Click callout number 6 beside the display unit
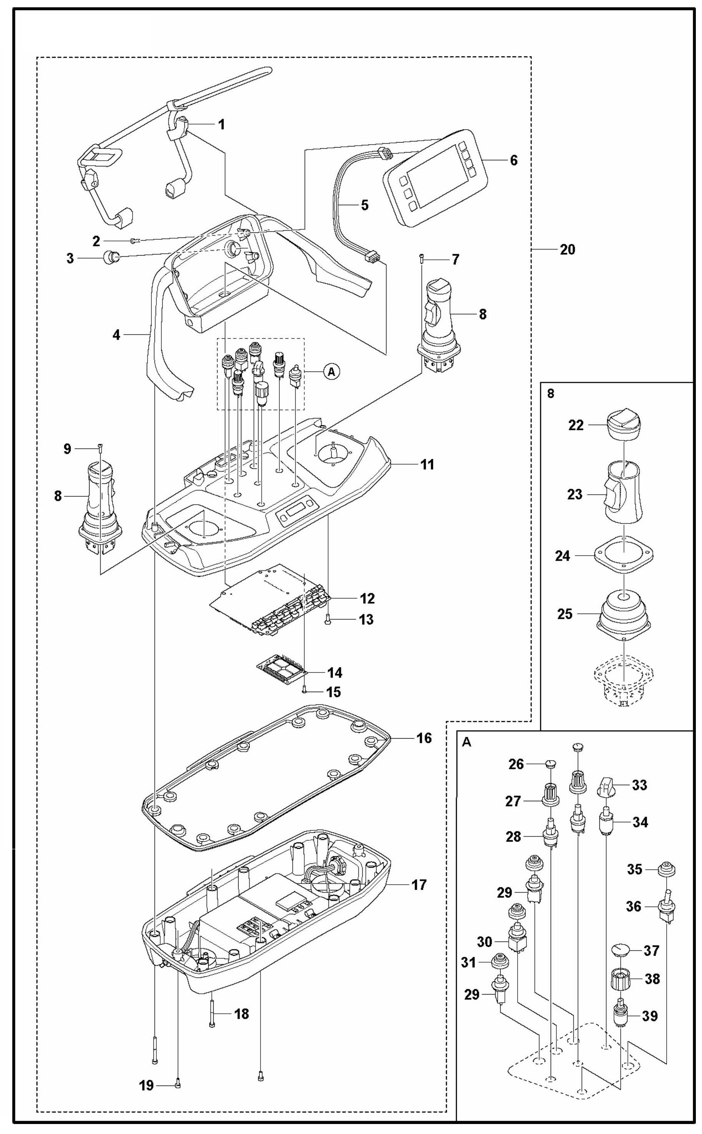513,160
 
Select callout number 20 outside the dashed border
567,250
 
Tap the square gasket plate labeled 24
625,555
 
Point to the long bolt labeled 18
212,1014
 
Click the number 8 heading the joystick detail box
551,393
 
